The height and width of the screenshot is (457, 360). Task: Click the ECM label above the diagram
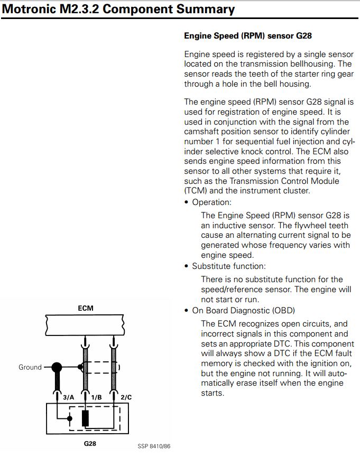click(85, 307)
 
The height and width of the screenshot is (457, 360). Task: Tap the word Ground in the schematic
click(30, 367)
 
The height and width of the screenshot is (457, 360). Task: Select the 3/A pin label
click(69, 397)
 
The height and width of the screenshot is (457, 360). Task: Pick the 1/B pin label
click(96, 397)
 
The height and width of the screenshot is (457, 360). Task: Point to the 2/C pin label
click(125, 397)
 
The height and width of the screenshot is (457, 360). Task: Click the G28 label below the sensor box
click(90, 443)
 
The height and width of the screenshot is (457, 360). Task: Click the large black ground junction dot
click(56, 367)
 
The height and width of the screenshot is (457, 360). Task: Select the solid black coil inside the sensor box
click(85, 417)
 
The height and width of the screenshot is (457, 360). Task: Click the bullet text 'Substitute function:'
click(229, 266)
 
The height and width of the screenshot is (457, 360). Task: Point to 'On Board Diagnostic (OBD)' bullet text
click(243, 310)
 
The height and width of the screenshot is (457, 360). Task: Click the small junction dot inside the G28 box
click(70, 419)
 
